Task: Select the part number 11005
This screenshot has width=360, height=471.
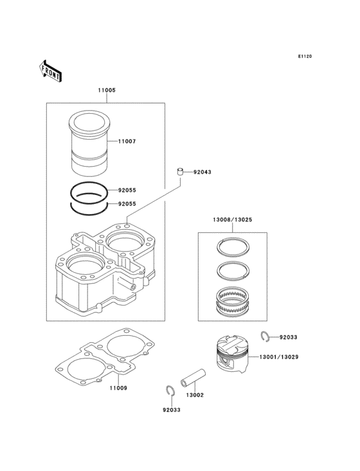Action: click(x=107, y=91)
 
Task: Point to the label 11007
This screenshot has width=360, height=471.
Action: click(x=127, y=141)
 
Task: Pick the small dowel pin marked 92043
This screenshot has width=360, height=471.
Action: click(x=181, y=171)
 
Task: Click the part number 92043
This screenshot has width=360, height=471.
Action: click(x=202, y=172)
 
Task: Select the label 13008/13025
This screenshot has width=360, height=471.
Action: click(x=232, y=220)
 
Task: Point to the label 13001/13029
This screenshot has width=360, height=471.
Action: click(x=279, y=356)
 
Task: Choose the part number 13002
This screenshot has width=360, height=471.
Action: click(x=195, y=394)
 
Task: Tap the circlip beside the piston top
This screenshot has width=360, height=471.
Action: click(x=265, y=335)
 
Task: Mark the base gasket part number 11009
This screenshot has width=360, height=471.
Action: click(x=118, y=388)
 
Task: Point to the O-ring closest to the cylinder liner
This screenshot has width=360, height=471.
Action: click(x=90, y=191)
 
